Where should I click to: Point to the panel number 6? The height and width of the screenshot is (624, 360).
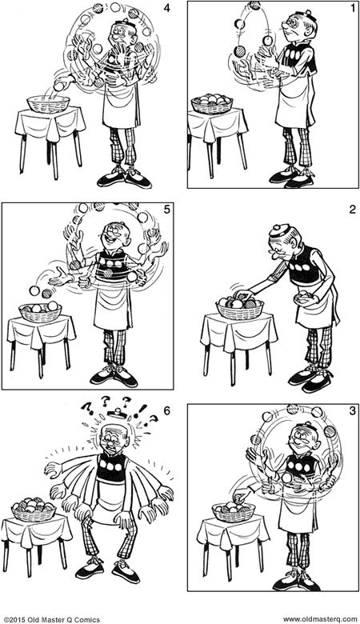(166, 410)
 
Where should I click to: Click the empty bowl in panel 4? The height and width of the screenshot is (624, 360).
(49, 102)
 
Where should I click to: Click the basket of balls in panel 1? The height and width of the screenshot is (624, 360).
(213, 103)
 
